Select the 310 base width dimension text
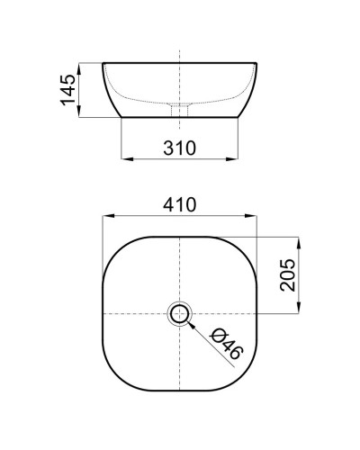coord(181,148)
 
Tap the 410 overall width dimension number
coord(181,205)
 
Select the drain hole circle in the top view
coord(180,313)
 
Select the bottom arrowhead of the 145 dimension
coord(82,114)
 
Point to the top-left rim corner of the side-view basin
coord(103,63)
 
